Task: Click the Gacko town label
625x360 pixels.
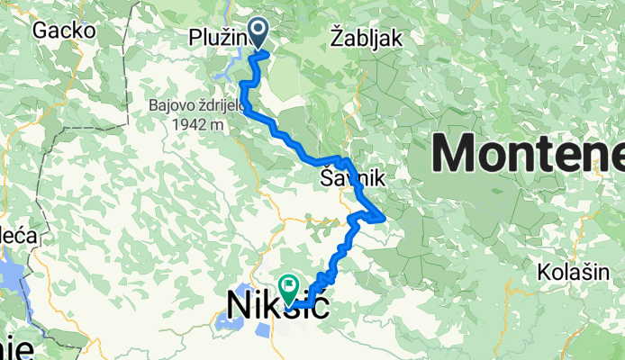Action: [x=64, y=30]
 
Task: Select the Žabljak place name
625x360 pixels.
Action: [x=365, y=38]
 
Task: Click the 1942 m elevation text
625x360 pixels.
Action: [x=193, y=124]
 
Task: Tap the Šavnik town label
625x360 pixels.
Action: [x=352, y=180]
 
